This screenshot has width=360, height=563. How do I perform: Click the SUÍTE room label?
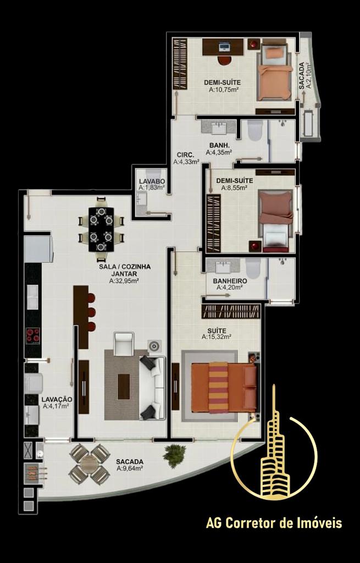[x=217, y=330]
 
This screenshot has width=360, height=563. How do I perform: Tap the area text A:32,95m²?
[x=124, y=281]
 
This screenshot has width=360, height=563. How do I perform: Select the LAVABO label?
[x=152, y=181]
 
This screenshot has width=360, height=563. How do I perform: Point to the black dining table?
[x=101, y=229]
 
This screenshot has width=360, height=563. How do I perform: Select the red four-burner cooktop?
[x=32, y=335]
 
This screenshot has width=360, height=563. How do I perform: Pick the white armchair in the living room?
[x=124, y=344]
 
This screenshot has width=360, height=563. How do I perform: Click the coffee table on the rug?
[x=124, y=387]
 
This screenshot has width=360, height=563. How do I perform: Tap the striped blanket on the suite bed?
[x=218, y=387]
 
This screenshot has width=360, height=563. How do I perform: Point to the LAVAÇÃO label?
[x=57, y=400]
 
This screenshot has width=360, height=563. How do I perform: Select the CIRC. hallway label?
[x=186, y=155]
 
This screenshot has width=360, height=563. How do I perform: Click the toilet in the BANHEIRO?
[x=253, y=268]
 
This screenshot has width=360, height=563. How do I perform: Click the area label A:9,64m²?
[x=130, y=468]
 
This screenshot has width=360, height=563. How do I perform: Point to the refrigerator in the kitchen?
[x=38, y=248]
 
